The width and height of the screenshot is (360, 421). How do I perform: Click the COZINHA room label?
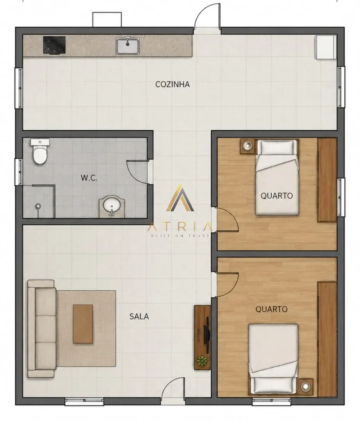pyautogui.click(x=173, y=84)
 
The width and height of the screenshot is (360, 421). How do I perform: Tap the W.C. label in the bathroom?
pyautogui.click(x=89, y=178)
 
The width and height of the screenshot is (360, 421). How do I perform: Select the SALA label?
pyautogui.click(x=139, y=316)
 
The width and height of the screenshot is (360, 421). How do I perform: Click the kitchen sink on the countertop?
pyautogui.click(x=128, y=46)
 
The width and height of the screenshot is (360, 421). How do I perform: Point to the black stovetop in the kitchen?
pyautogui.click(x=54, y=45)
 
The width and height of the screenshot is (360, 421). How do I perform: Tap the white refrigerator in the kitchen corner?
pyautogui.click(x=326, y=47)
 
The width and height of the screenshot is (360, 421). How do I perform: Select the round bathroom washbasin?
pyautogui.click(x=112, y=206)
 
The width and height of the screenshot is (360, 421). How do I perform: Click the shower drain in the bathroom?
pyautogui.click(x=38, y=206)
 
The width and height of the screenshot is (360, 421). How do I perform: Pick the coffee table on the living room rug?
pyautogui.click(x=83, y=324)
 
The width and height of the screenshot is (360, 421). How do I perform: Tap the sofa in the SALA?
pyautogui.click(x=42, y=329)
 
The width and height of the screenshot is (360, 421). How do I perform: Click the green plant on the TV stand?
pyautogui.click(x=202, y=361)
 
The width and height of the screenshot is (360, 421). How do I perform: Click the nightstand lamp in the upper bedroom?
pyautogui.click(x=247, y=146)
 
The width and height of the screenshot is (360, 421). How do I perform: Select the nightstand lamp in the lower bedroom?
pyautogui.click(x=305, y=387)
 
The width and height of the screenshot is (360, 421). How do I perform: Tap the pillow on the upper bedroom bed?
pyautogui.click(x=277, y=147)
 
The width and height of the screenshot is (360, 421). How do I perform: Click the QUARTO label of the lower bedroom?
pyautogui.click(x=272, y=309)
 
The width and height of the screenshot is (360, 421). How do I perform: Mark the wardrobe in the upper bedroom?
pyautogui.click(x=327, y=180)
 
